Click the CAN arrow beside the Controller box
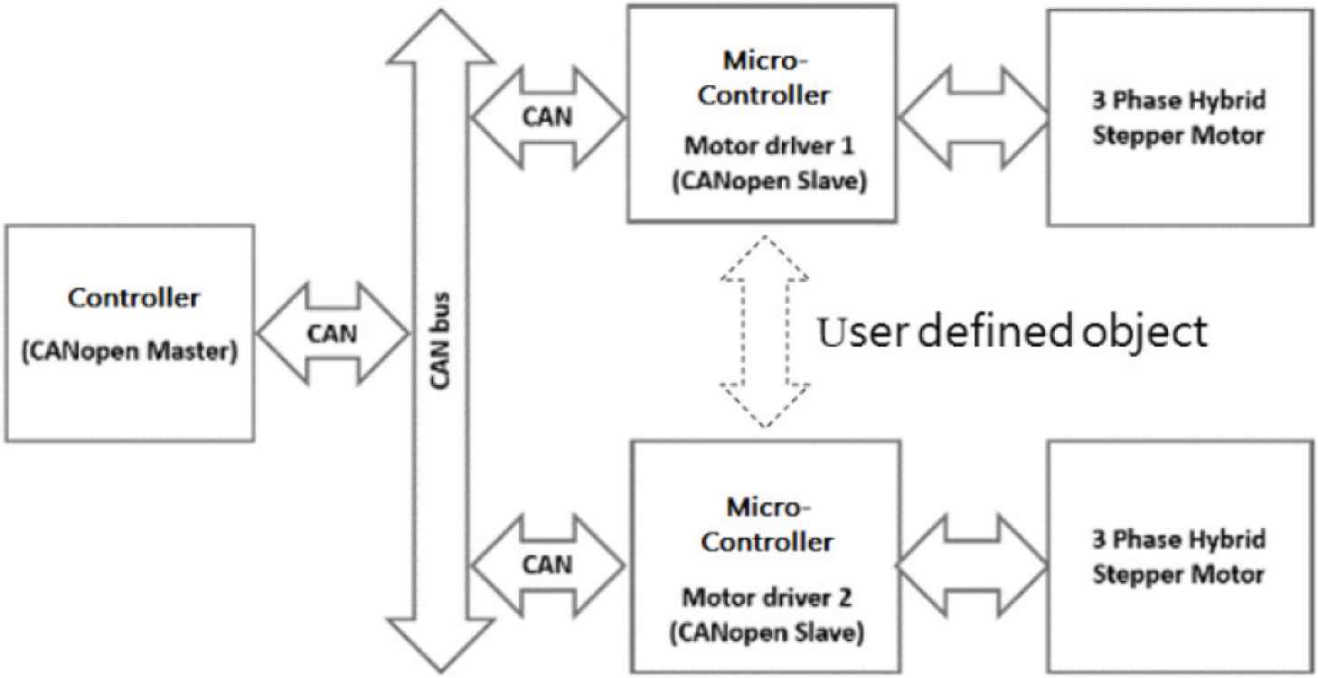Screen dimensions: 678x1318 coord(332,334)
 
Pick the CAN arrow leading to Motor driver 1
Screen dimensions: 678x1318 coord(548,117)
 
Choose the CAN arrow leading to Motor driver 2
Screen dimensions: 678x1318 coord(548,564)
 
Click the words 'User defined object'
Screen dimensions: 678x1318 coord(1012,332)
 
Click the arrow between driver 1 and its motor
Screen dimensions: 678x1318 coord(973,117)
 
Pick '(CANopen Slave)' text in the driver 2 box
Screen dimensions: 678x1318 coord(765,632)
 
